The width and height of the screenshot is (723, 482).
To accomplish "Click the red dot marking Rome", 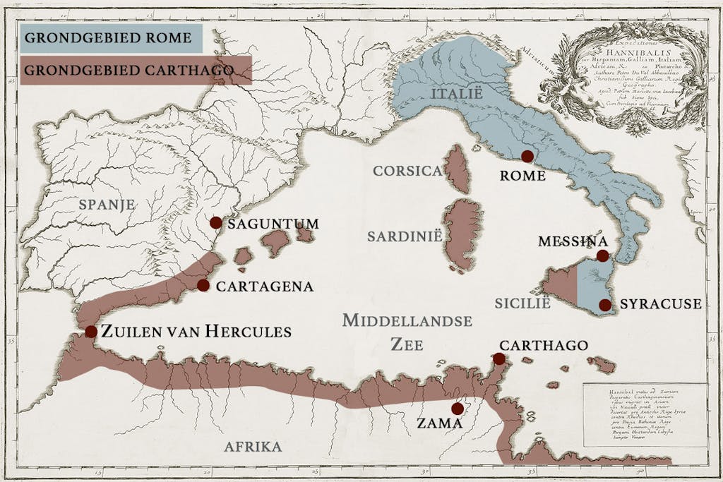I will (527, 156).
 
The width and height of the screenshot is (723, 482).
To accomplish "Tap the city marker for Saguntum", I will (216, 222).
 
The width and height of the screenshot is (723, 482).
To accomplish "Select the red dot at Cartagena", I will (203, 285).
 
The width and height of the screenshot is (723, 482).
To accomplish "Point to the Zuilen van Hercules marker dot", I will (91, 332).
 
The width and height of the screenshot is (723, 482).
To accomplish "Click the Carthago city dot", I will (499, 359).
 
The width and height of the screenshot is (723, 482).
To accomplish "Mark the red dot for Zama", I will (458, 409).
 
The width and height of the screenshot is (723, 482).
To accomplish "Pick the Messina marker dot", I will (602, 255).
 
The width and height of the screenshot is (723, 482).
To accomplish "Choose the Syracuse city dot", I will (605, 305).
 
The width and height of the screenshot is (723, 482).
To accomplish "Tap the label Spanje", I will (107, 204).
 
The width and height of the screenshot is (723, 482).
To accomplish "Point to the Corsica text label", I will (407, 171).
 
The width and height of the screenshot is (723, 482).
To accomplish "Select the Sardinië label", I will (405, 236).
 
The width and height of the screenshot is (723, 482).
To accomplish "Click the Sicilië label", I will (522, 303).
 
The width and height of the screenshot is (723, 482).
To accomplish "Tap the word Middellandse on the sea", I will (407, 321).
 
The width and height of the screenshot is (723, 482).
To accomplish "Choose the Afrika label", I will (253, 446).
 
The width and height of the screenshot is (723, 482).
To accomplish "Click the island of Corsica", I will (457, 169).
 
